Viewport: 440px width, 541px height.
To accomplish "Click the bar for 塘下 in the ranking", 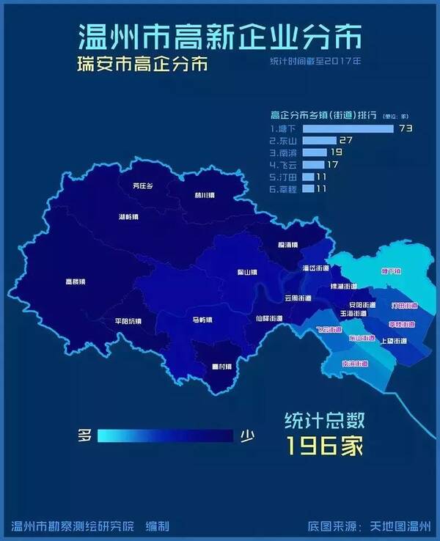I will [348, 128].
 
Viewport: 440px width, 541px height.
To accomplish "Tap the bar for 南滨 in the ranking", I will [315, 152].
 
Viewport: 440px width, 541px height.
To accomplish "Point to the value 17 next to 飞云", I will [331, 164].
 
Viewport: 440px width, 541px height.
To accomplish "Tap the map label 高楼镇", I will [76, 281].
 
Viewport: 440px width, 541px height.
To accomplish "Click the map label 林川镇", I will [205, 195].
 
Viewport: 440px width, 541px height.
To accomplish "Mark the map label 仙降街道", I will [268, 318].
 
